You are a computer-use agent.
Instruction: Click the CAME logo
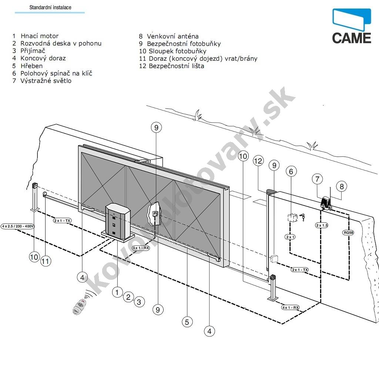click(x=351, y=26)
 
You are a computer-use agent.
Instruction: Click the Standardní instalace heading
click(x=50, y=7)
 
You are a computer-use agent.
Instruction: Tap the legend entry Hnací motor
click(x=39, y=36)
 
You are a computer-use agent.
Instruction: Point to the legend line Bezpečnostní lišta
click(x=176, y=66)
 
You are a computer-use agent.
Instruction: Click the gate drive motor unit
click(x=118, y=222)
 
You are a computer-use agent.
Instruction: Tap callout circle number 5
click(x=187, y=322)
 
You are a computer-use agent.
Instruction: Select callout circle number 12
click(x=259, y=161)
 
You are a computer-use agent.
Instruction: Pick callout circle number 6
click(x=291, y=171)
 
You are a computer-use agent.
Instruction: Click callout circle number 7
click(x=317, y=179)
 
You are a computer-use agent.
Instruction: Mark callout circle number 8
click(x=342, y=187)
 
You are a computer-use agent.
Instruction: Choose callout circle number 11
click(x=46, y=261)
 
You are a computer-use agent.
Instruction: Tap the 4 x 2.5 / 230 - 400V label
click(x=18, y=226)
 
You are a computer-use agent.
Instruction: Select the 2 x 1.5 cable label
click(x=322, y=225)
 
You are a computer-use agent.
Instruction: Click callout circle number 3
click(x=139, y=302)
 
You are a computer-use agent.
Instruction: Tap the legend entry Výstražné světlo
click(x=46, y=81)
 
